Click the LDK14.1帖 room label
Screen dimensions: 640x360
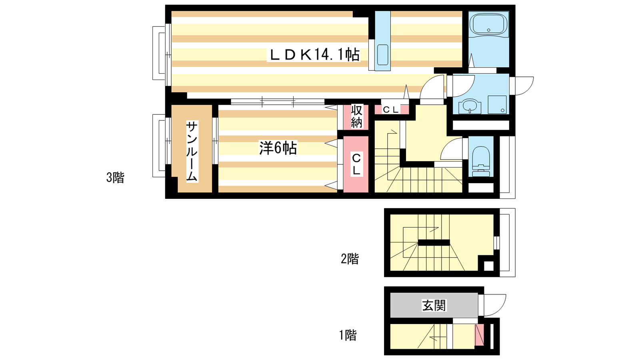pos(314,54)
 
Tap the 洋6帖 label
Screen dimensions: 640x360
pos(278,148)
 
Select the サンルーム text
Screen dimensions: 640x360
pos(192,152)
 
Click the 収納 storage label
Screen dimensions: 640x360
pos(356,116)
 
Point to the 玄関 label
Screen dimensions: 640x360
pos(434,306)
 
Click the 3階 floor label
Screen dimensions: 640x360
pos(115,178)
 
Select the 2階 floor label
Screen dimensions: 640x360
pos(350,259)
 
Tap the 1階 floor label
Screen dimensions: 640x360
pos(348,335)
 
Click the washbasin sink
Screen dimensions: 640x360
pos(470,106)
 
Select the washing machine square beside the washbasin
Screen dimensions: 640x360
pos(497,104)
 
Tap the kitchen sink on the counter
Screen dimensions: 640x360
pos(382,55)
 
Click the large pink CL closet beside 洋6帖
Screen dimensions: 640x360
pos(356,164)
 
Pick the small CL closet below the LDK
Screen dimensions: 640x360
pos(391,110)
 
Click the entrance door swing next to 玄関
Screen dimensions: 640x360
pos(495,305)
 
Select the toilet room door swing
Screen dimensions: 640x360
pos(452,148)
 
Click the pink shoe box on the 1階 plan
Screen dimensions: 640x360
pos(479,335)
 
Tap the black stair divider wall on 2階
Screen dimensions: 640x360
pos(434,242)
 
